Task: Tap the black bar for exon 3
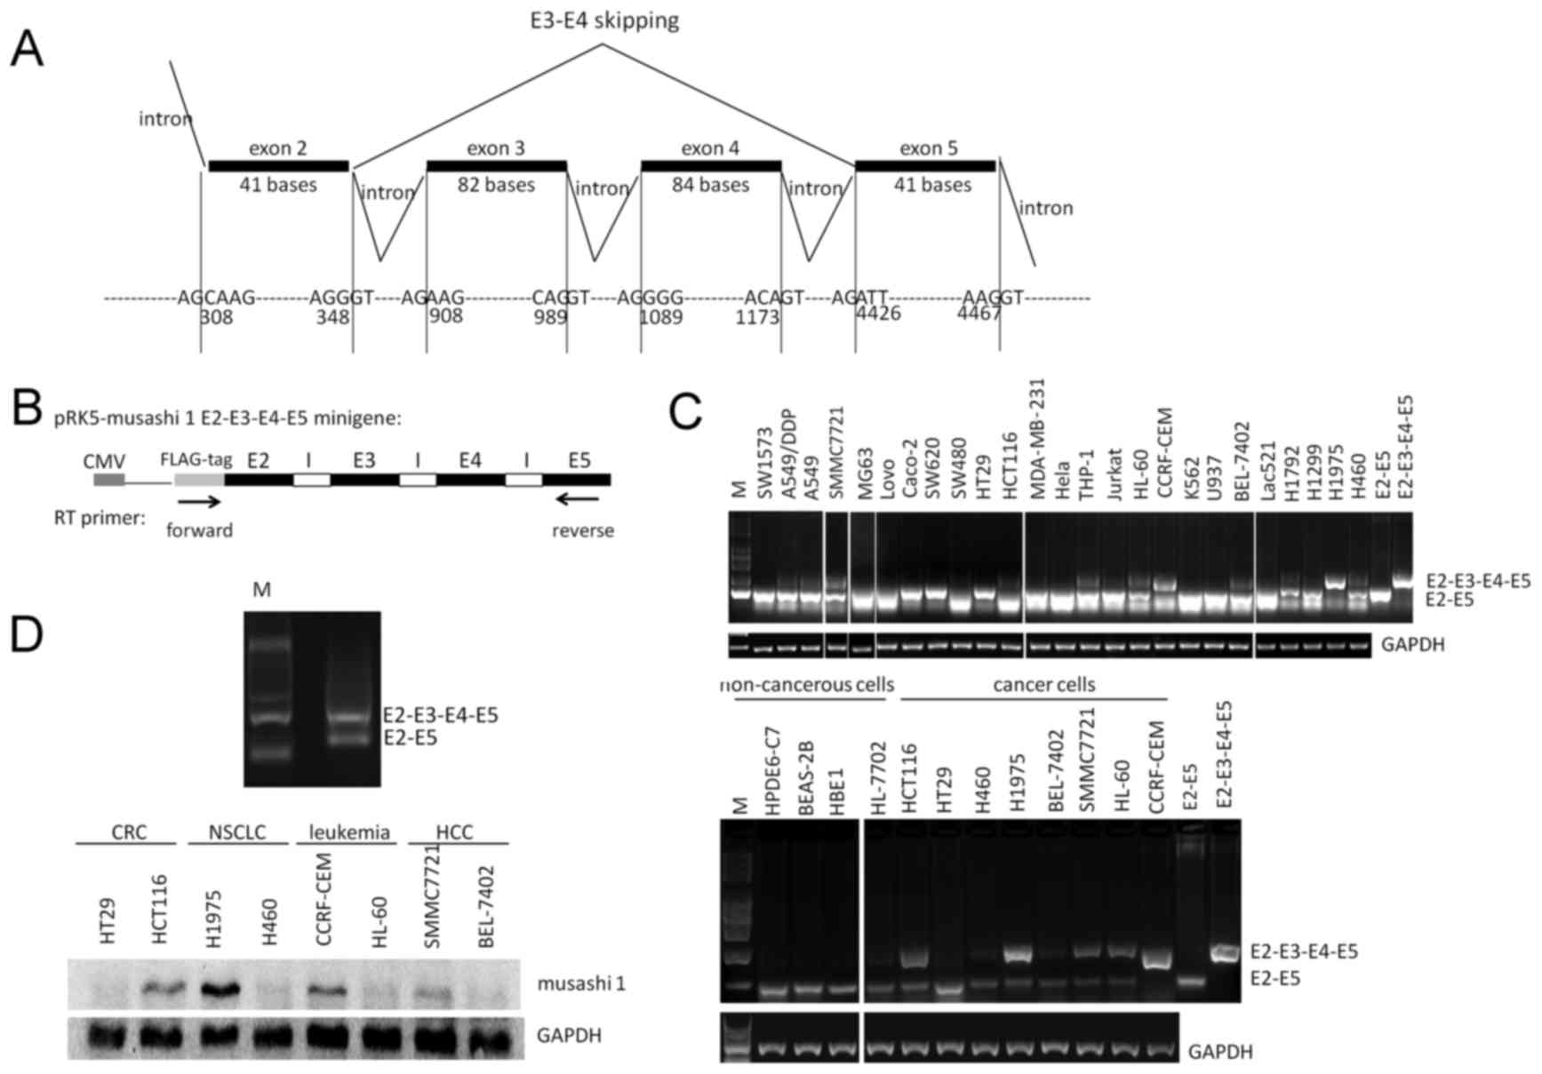(x=496, y=166)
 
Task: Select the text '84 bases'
(x=709, y=185)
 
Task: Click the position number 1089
(x=661, y=316)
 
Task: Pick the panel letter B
(x=28, y=411)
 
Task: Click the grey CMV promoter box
(x=109, y=480)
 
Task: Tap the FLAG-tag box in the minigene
(x=199, y=480)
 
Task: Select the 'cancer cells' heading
(x=1032, y=685)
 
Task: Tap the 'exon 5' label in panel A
(x=928, y=147)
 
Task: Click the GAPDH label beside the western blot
(x=569, y=1035)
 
